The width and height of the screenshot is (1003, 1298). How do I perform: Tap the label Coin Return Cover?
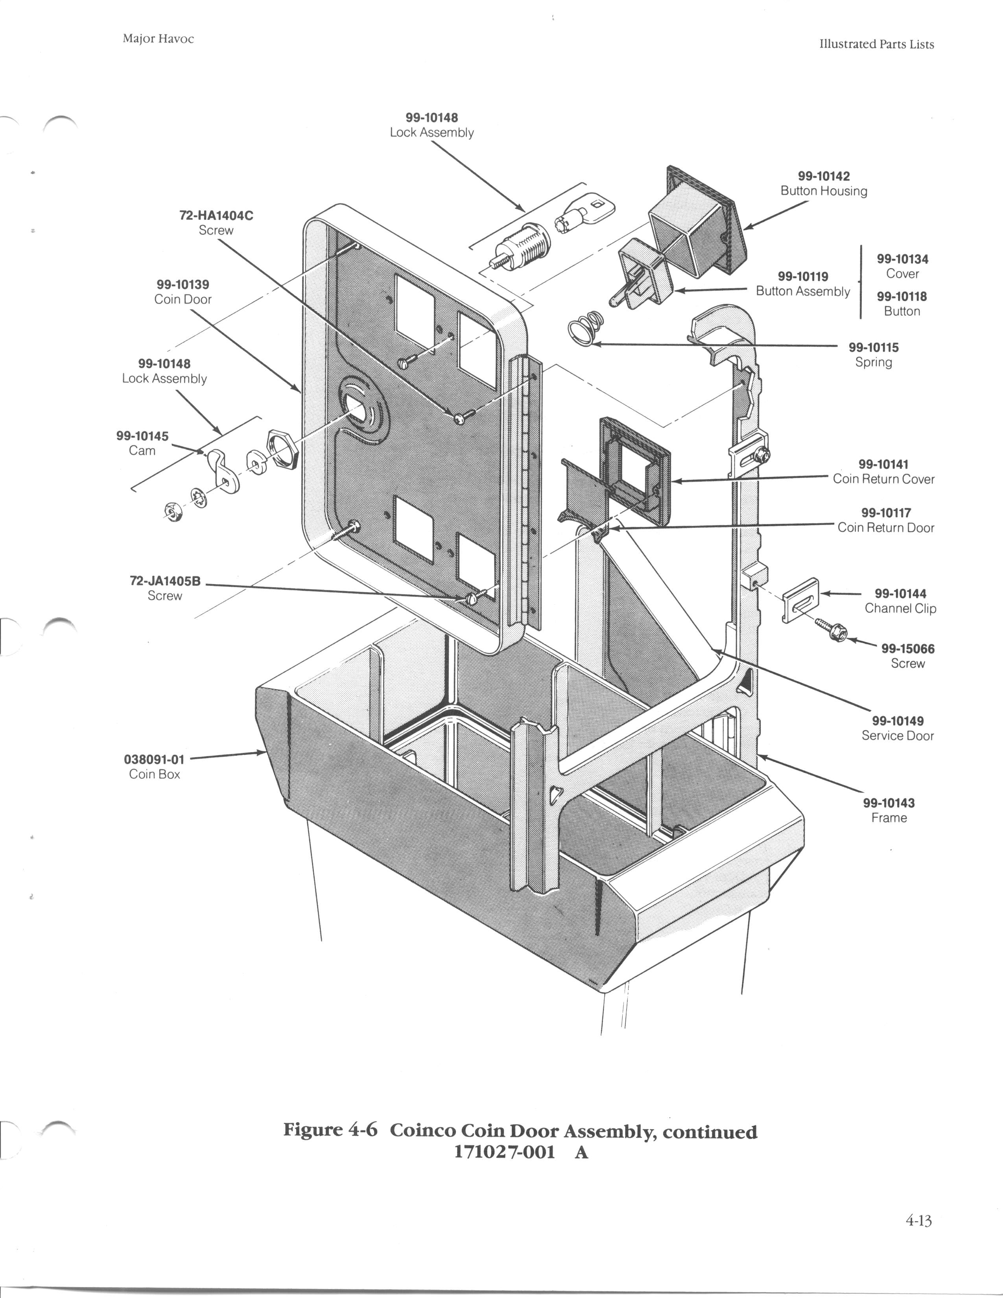883,479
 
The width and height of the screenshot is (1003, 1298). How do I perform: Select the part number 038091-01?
154,760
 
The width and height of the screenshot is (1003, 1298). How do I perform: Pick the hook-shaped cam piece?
223,470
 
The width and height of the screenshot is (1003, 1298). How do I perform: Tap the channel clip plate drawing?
802,601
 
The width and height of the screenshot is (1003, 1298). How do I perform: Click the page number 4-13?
918,1221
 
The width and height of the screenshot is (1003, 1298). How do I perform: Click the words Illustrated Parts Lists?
876,44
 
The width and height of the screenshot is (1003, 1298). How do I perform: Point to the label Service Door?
897,736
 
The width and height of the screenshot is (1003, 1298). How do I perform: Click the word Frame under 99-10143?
889,818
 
